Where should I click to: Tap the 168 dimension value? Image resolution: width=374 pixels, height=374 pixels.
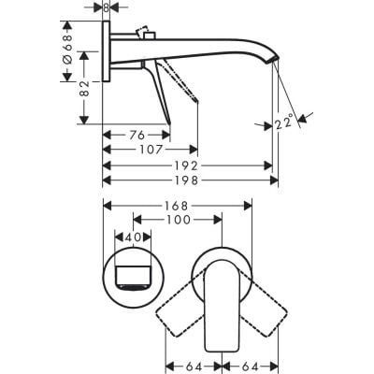(178, 205)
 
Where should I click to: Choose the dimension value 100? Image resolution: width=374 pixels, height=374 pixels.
(178, 220)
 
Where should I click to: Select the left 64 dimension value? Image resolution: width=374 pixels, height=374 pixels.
(193, 365)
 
